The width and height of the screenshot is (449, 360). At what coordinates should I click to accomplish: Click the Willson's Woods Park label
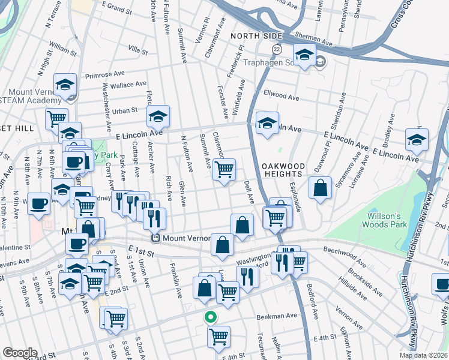click(384, 220)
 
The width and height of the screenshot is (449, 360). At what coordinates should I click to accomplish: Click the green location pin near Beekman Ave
click(209, 317)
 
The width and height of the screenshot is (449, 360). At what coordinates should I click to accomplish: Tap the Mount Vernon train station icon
click(155, 238)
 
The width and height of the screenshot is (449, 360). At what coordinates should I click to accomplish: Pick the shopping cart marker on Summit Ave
click(224, 170)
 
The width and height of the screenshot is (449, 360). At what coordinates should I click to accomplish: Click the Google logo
click(19, 353)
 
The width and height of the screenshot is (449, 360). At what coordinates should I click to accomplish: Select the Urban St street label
click(126, 110)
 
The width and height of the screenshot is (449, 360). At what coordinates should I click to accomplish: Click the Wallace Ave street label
click(132, 85)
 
